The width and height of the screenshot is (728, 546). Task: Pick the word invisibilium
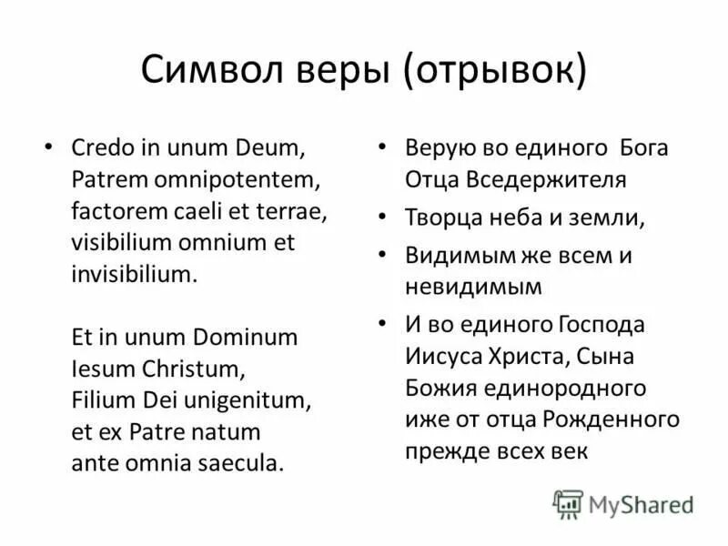pyautogui.click(x=133, y=274)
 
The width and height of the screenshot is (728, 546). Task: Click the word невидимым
pyautogui.click(x=473, y=287)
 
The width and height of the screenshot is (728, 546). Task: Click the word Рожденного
pyautogui.click(x=611, y=420)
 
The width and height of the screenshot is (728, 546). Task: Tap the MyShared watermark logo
pyautogui.click(x=623, y=503)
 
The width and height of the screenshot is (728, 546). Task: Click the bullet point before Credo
pyautogui.click(x=48, y=147)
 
